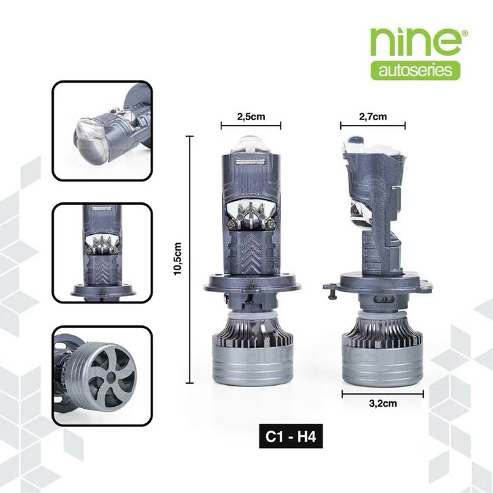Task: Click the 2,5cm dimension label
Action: [251, 117]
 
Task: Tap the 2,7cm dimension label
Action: [373, 117]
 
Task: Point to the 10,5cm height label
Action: [178, 259]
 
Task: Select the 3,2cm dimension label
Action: [382, 403]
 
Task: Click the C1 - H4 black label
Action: [291, 436]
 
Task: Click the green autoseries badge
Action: [416, 71]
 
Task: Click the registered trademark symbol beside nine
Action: [465, 33]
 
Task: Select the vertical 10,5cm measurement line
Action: [189, 259]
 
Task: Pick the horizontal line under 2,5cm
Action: [251, 126]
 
